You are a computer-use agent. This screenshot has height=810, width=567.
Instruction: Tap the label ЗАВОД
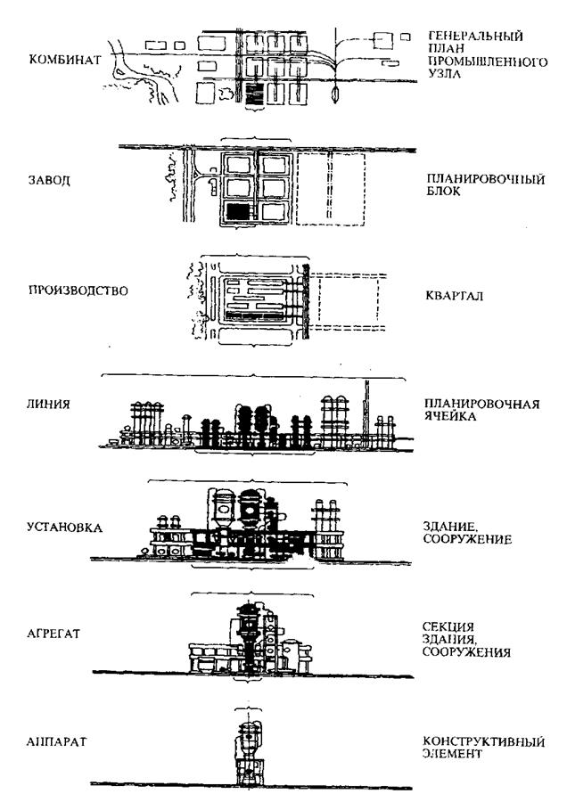pos(45,178)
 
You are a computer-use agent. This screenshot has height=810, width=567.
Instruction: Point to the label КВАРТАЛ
pos(452,296)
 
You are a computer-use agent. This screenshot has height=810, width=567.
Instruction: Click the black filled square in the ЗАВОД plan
pos(237,211)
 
